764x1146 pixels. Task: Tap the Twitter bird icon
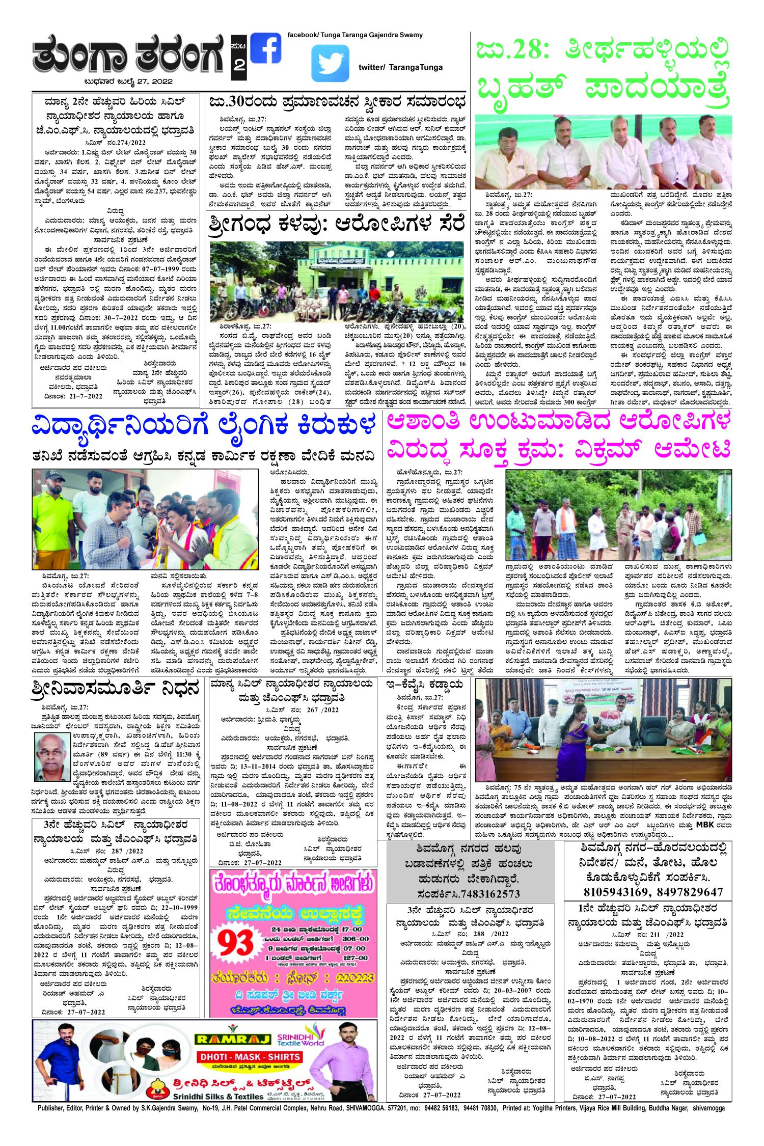[x=330, y=64]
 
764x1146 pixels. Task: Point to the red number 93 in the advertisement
[x=235, y=943]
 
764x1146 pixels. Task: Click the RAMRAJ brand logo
[x=233, y=1039]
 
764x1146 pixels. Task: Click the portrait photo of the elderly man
[x=52, y=756]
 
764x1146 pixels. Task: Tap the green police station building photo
[x=337, y=281]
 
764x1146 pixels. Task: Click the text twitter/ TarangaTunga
[x=400, y=67]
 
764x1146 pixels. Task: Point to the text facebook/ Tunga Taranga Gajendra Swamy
[x=355, y=35]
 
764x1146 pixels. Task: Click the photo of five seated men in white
[x=603, y=152]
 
